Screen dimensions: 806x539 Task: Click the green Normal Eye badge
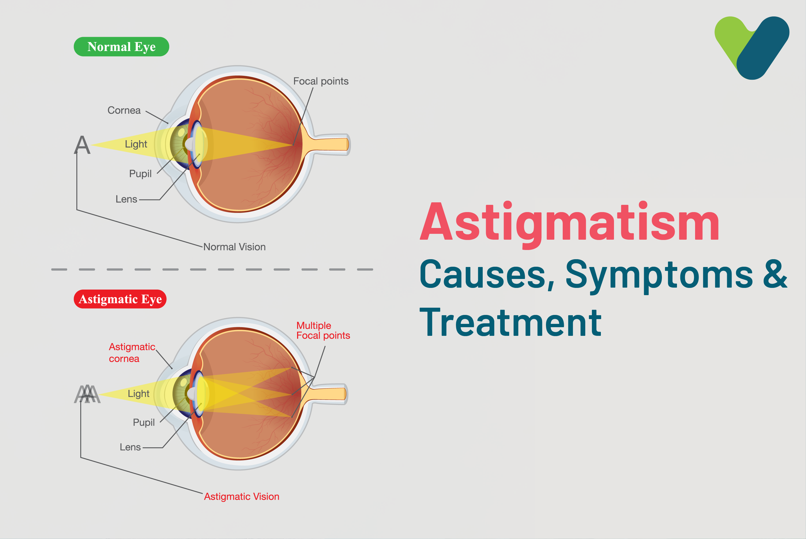pyautogui.click(x=121, y=47)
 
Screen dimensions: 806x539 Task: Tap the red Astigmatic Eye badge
pyautogui.click(x=120, y=299)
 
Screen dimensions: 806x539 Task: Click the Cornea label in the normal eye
pyautogui.click(x=124, y=110)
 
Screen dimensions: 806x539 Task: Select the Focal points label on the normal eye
pyautogui.click(x=321, y=81)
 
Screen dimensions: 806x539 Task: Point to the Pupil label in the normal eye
pyautogui.click(x=140, y=174)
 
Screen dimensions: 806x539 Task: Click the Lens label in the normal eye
pyautogui.click(x=126, y=199)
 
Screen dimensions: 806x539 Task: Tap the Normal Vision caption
pyautogui.click(x=234, y=247)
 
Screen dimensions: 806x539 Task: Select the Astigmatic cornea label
pyautogui.click(x=132, y=353)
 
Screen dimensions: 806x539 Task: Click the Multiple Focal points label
pyautogui.click(x=323, y=330)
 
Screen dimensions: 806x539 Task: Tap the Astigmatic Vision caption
pyautogui.click(x=242, y=496)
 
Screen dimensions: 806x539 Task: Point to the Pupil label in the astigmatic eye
pyautogui.click(x=144, y=423)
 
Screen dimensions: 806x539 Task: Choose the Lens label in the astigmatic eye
pyautogui.click(x=130, y=447)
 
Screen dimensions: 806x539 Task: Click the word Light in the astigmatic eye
pyautogui.click(x=139, y=394)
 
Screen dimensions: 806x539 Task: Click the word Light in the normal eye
pyautogui.click(x=136, y=144)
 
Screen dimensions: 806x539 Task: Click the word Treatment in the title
pyautogui.click(x=510, y=322)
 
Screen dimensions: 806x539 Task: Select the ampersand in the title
pyautogui.click(x=775, y=274)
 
